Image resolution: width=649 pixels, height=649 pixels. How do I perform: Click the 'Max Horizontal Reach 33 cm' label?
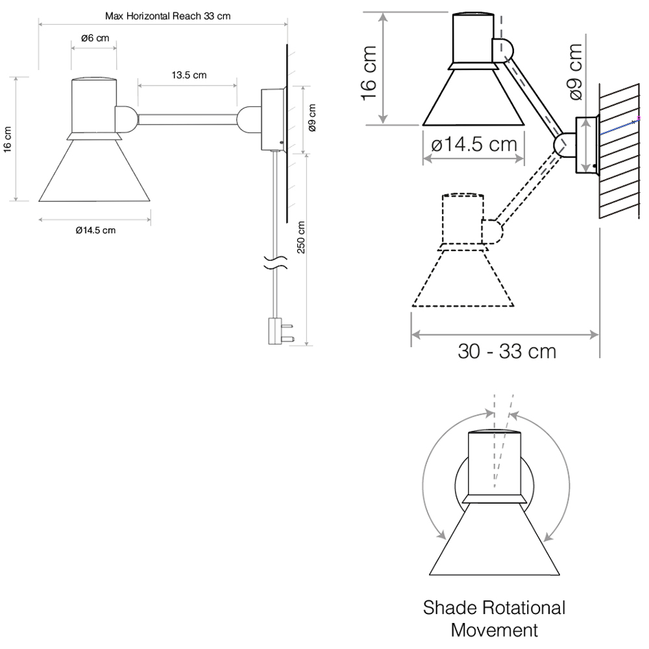[167, 16]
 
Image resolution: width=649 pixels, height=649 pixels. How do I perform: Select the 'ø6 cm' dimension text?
[95, 38]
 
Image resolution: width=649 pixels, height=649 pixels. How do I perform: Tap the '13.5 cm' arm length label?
[189, 75]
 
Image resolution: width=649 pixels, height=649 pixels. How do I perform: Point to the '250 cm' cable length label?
[301, 237]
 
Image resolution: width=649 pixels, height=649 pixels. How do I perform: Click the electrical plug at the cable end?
[280, 331]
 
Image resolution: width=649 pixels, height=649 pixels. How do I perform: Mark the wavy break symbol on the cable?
[276, 262]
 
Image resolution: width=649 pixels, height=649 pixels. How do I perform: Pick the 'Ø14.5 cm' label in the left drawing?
[95, 230]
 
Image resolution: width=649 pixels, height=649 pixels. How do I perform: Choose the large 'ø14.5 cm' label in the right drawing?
[474, 145]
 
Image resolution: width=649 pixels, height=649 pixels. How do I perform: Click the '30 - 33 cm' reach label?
[507, 351]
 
